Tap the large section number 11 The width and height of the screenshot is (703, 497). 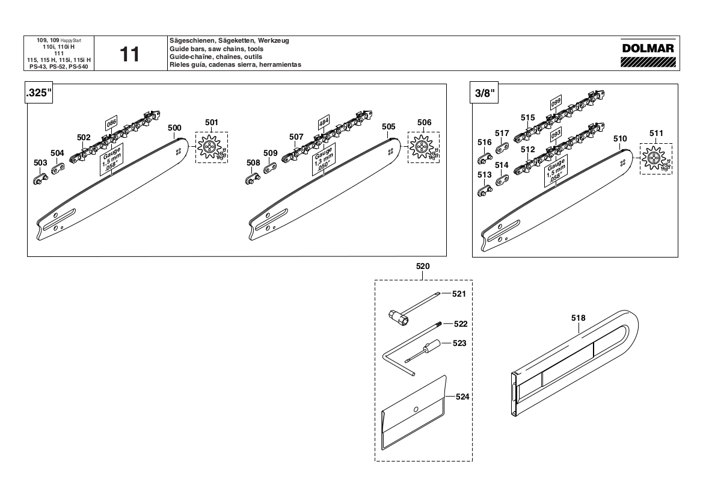click(129, 54)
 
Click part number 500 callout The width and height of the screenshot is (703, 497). click(174, 128)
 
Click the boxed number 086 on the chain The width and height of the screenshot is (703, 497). click(111, 125)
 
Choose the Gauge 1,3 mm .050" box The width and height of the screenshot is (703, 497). click(324, 159)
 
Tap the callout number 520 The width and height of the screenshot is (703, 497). click(423, 266)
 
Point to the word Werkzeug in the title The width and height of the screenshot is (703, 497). click(274, 40)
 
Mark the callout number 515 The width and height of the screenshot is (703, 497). click(528, 117)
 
